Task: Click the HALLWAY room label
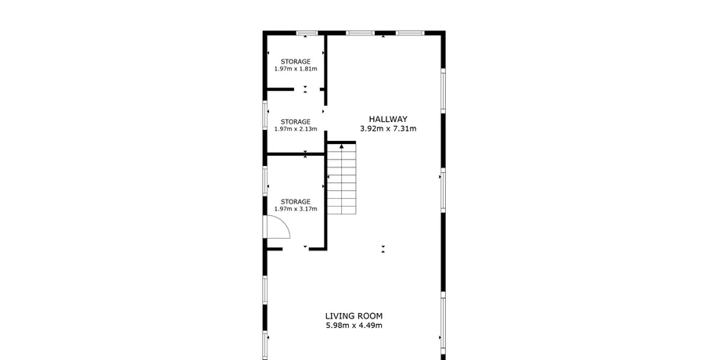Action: pos(388,119)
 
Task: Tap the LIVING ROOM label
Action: pos(354,316)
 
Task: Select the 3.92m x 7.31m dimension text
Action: pos(388,128)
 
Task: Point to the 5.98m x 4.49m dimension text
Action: pos(354,326)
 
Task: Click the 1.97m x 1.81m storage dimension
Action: pos(296,69)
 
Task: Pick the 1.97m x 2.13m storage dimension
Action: pos(296,129)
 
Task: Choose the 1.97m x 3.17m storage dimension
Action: pos(296,209)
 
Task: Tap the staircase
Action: pos(341,178)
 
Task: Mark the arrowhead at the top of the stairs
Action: pos(341,146)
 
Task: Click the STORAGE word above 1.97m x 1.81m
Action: pos(296,61)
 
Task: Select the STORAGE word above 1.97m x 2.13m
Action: pos(296,121)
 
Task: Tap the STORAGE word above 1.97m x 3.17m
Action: pos(296,201)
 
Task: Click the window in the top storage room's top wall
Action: pos(307,33)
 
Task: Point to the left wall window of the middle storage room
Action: pos(265,115)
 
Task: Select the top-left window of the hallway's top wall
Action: pos(361,33)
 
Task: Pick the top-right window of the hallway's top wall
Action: pos(411,33)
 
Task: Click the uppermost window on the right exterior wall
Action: pos(444,90)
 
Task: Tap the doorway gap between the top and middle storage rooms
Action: pos(307,89)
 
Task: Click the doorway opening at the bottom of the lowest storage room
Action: pos(296,248)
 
